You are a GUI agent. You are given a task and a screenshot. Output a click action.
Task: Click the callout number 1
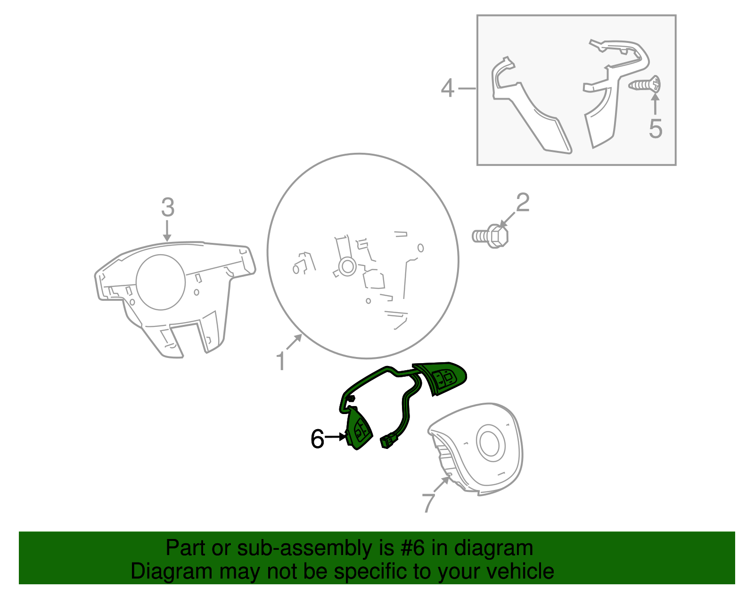281,362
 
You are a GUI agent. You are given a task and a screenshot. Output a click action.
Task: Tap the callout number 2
523,202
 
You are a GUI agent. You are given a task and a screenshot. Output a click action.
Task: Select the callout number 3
168,207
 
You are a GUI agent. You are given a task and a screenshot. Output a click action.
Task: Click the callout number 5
656,129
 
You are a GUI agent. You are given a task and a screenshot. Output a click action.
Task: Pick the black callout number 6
317,439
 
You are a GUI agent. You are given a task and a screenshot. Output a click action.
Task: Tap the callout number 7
428,503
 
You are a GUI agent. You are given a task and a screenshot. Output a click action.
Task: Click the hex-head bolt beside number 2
490,236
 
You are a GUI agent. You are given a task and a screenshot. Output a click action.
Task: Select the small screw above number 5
644,85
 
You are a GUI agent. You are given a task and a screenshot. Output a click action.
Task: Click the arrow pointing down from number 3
167,231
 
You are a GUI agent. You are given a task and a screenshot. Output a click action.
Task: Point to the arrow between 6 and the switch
336,437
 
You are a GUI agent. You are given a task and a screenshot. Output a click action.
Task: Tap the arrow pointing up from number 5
655,103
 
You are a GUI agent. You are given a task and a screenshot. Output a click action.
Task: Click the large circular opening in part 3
161,282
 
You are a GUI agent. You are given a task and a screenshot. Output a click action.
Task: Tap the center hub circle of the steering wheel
347,266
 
